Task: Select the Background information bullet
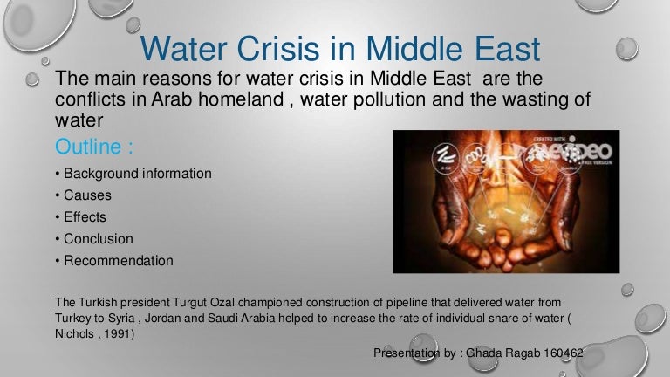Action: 133,174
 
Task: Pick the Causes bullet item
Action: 84,195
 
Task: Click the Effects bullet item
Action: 81,217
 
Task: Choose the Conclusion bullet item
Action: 94,239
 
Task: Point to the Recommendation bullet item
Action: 114,261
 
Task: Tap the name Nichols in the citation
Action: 74,334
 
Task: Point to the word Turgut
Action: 189,303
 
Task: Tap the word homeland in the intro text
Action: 241,99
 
